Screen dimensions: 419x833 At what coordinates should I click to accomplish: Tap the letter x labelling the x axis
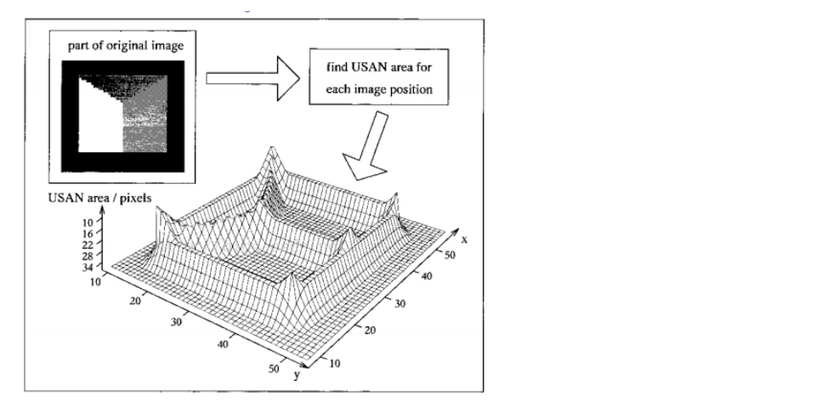464,241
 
